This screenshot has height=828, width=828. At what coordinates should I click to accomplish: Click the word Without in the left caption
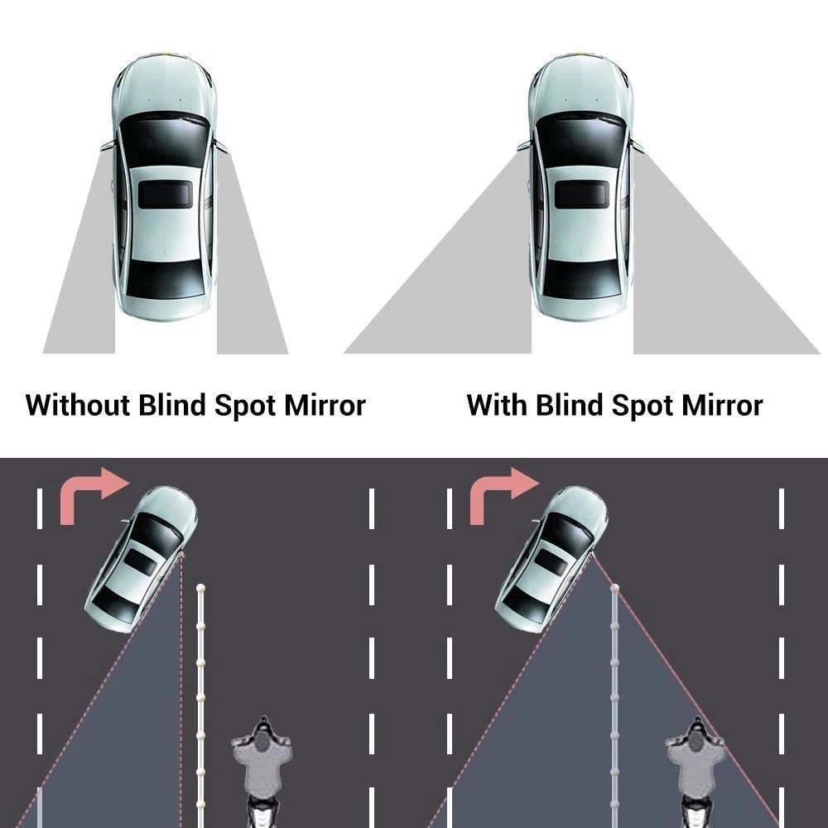click(x=78, y=406)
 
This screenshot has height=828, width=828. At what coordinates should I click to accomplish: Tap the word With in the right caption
click(x=497, y=406)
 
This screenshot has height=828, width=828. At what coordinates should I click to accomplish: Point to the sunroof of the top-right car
click(x=580, y=195)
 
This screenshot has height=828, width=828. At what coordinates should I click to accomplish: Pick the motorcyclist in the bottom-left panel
click(x=262, y=766)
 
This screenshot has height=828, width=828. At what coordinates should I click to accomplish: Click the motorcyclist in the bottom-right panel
click(x=696, y=766)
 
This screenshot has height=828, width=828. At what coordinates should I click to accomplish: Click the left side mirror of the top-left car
click(x=106, y=147)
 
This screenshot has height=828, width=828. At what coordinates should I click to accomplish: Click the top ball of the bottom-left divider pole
click(x=200, y=588)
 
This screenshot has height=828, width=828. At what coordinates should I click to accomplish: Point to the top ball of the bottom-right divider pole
click(x=614, y=588)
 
